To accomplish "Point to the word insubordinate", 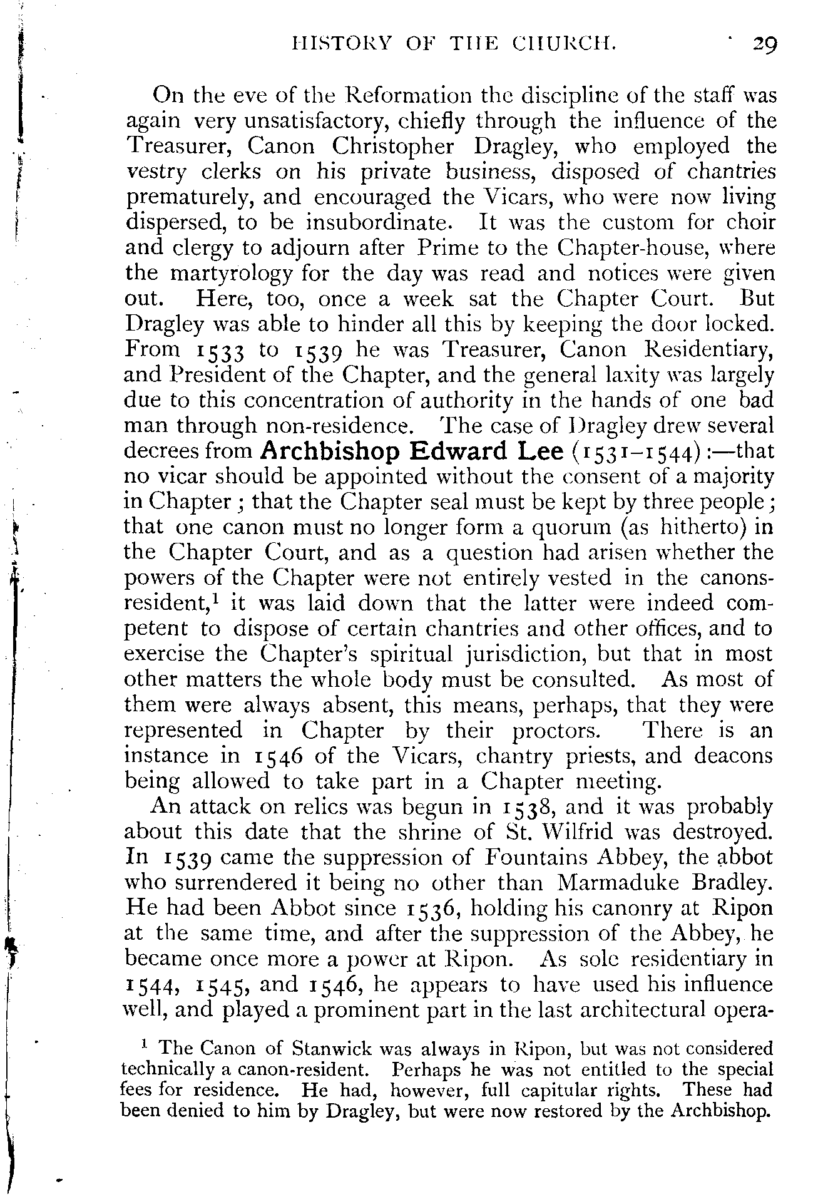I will [378, 223].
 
